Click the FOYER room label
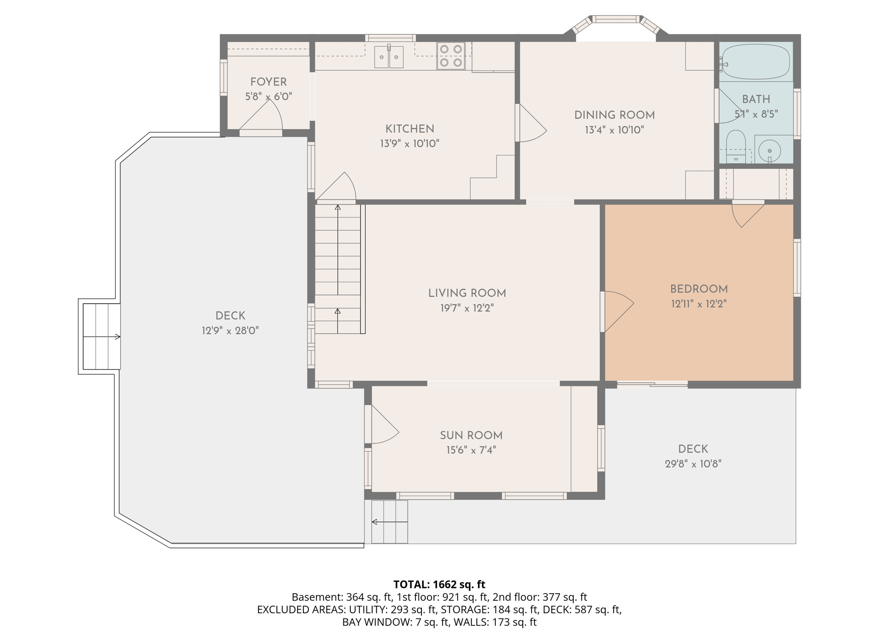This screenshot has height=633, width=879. pos(268,82)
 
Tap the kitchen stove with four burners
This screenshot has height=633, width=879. pos(451,56)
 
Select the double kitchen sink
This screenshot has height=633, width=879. pos(389,57)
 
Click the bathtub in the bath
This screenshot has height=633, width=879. pos(756,62)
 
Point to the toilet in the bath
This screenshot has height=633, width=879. pos(736,147)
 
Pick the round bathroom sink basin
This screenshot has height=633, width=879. pos(770,151)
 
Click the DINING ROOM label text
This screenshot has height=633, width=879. pos(614,115)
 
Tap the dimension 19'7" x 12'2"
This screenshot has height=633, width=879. pos(467,308)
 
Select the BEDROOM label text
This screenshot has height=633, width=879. pos(699,289)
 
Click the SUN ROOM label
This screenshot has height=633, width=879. pos(471,435)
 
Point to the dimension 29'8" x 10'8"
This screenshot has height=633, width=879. pos(693,464)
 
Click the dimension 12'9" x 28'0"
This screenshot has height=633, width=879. pos(230,331)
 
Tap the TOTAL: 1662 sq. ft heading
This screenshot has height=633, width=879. pos(439,585)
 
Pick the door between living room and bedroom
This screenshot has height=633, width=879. pos(619,311)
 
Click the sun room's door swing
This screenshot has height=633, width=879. pos(385,425)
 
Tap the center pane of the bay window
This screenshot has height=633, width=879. pos(616,19)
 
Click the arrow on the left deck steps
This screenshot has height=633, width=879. pos(102,337)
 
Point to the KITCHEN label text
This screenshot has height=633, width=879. pos(409,129)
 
